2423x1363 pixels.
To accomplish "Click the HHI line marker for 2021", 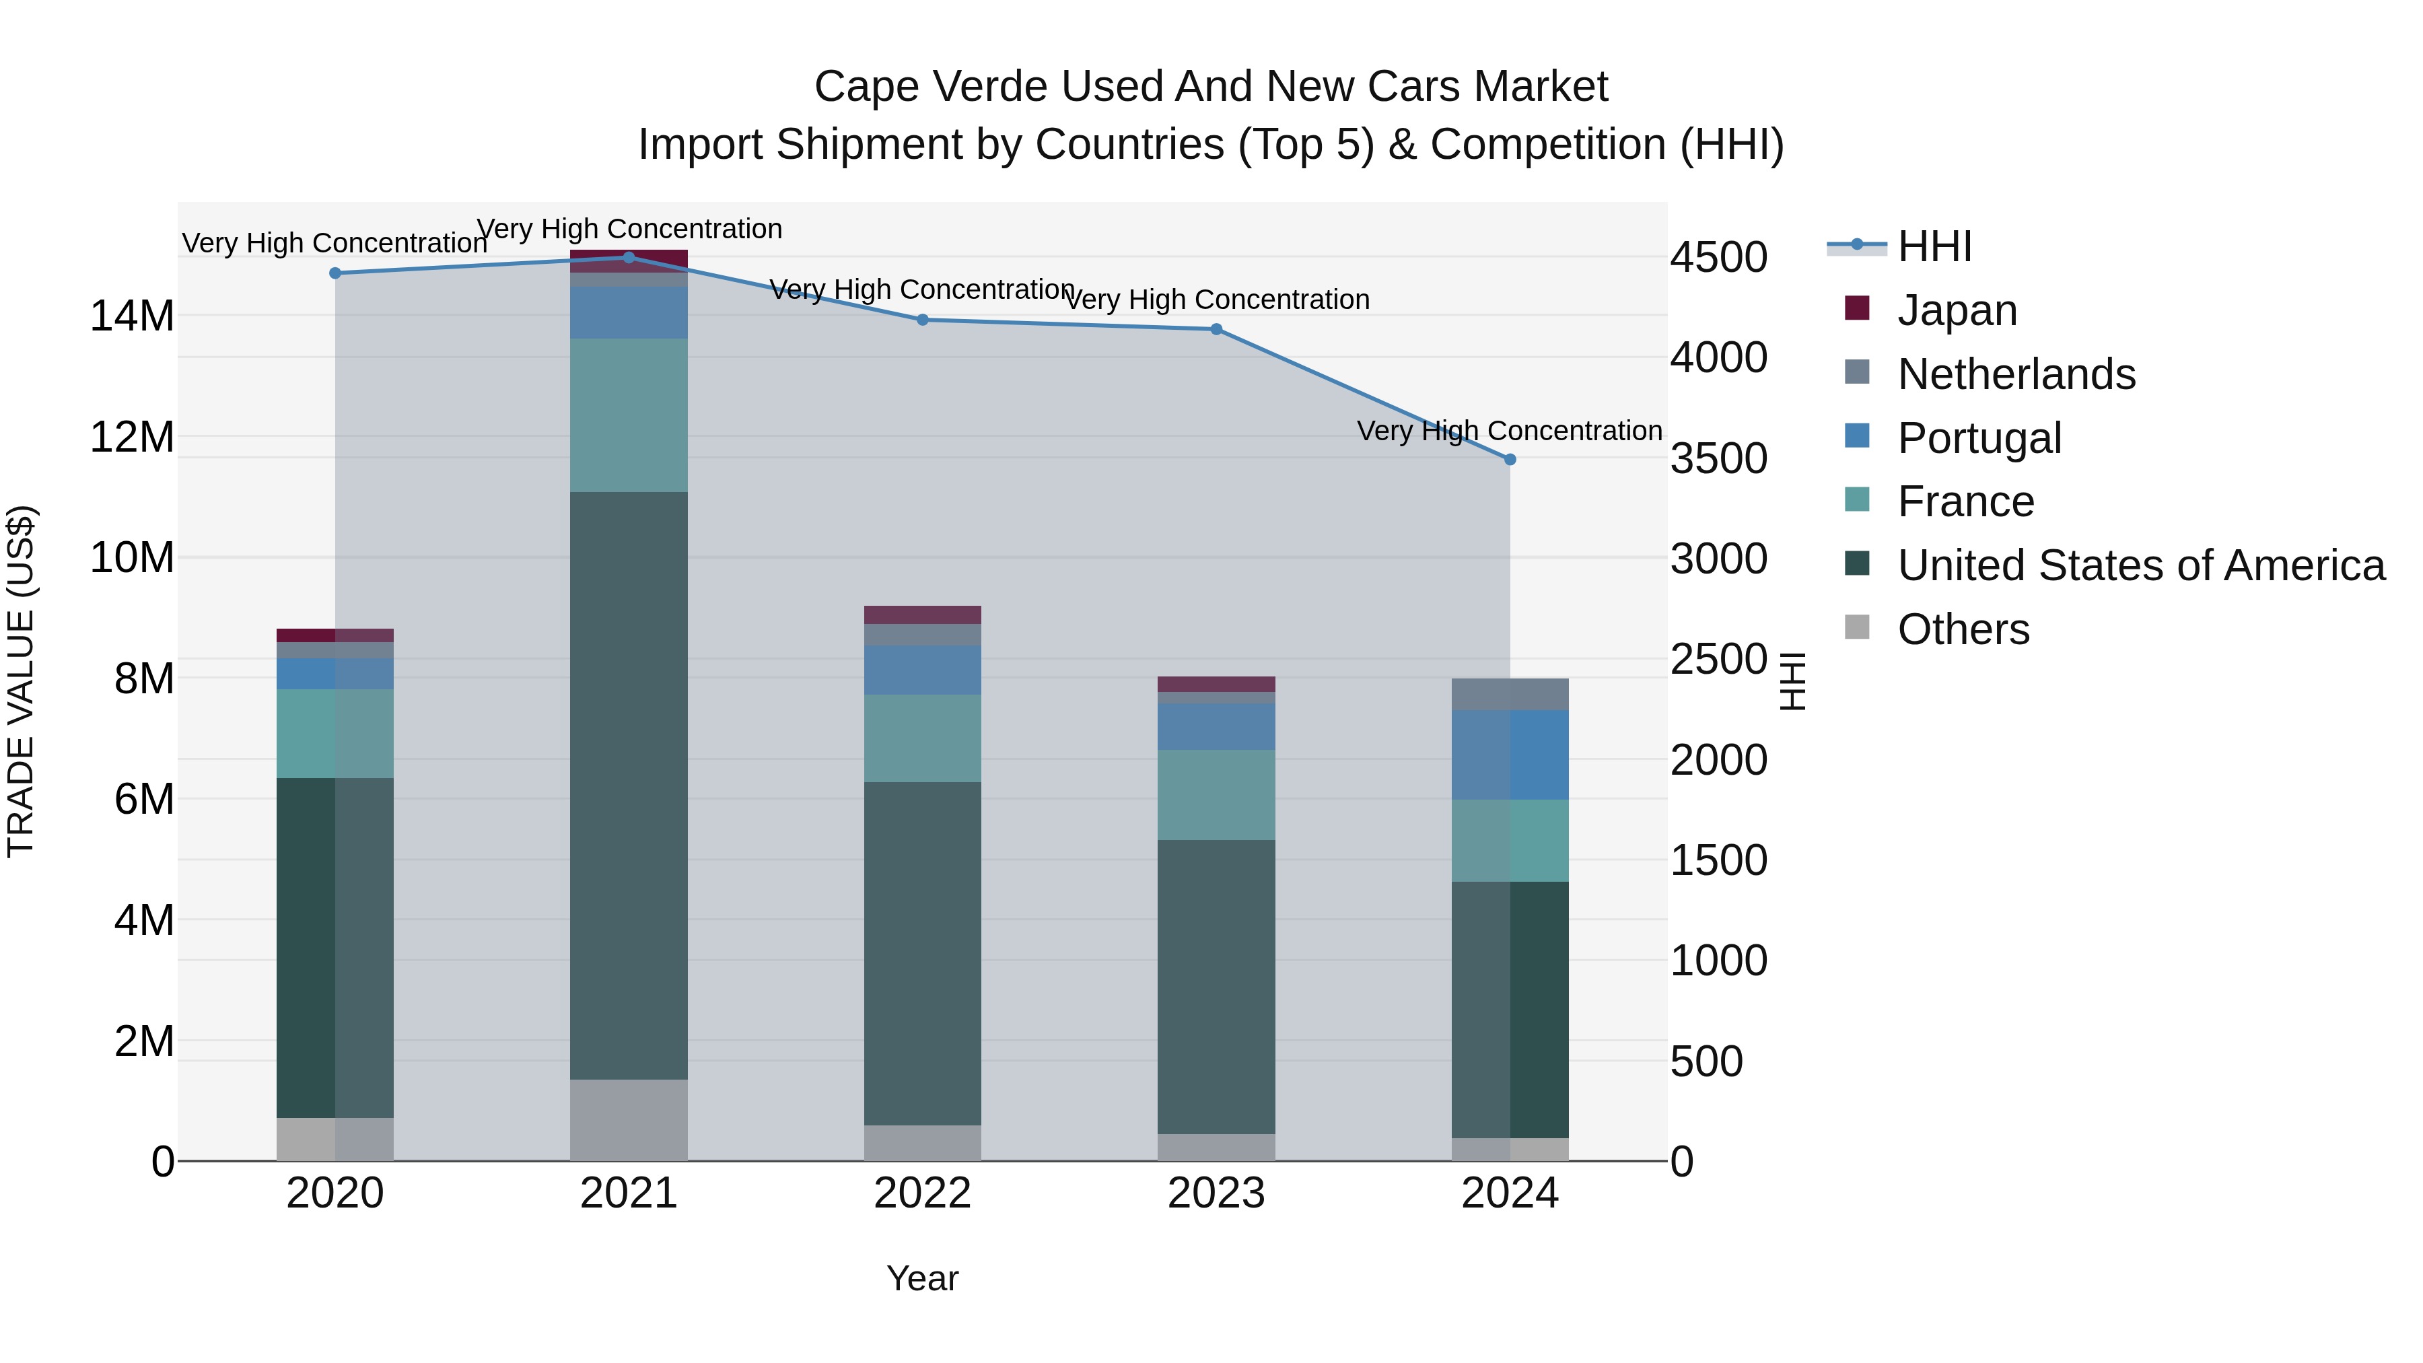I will coord(629,257).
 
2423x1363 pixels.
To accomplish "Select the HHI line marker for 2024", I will coord(1510,459).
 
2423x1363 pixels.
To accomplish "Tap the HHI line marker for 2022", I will coord(923,320).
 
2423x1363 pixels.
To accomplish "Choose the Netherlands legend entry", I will coord(2016,374).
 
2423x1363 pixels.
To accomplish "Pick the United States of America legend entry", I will coord(2140,565).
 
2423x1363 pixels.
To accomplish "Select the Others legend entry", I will coord(1963,629).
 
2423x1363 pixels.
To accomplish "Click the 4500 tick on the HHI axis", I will coord(1718,257).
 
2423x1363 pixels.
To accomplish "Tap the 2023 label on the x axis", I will coord(1216,1193).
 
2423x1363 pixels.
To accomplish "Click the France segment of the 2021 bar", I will coord(629,415).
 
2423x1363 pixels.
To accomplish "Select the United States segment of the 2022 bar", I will coord(923,953).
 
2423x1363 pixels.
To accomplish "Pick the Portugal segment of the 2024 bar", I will coord(1510,755).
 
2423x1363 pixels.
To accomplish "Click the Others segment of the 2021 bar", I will coord(629,1119).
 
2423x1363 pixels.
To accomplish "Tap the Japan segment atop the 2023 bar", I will coord(1216,684).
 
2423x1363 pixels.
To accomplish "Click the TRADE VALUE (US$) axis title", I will coord(21,681).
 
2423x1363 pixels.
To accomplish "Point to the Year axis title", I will coord(922,1278).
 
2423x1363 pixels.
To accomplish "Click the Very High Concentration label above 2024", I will coord(1509,431).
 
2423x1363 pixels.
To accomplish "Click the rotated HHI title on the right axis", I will coord(1793,681).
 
